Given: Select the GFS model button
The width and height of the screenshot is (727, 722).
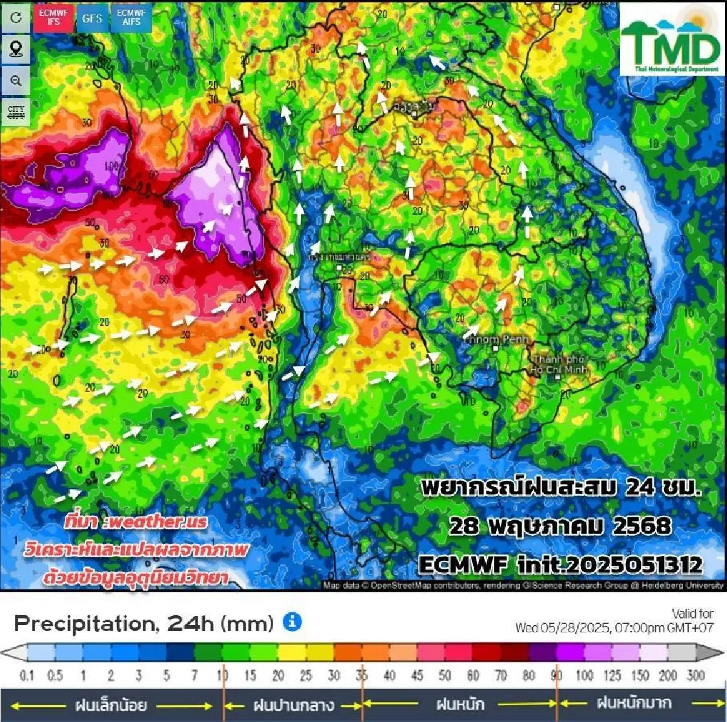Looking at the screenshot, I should tap(92, 18).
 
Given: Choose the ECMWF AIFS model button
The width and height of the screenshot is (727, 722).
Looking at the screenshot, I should tap(131, 18).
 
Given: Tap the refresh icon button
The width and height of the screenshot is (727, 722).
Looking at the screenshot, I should tap(16, 18).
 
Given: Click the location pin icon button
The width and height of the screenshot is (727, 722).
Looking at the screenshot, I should tap(16, 48).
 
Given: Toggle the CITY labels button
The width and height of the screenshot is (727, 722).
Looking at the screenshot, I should tap(16, 111).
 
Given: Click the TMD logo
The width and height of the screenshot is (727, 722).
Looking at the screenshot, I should tap(671, 40).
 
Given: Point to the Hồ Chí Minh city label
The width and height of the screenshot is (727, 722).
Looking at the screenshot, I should tap(559, 365).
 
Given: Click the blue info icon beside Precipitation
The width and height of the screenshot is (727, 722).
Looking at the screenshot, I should tap(292, 621).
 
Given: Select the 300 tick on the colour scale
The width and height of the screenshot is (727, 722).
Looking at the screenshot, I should tap(695, 675).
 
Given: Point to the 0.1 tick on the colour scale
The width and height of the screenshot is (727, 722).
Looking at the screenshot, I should tap(27, 675).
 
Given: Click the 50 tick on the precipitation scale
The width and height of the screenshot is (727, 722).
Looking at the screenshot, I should tap(445, 675).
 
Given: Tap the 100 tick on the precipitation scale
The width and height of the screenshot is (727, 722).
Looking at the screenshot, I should tap(585, 675).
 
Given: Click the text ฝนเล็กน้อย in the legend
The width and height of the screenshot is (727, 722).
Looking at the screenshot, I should tap(111, 705).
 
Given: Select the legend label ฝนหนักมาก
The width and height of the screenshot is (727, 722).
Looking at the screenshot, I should tap(634, 703).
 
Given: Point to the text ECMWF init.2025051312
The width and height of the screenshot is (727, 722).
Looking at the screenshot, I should tap(560, 565).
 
